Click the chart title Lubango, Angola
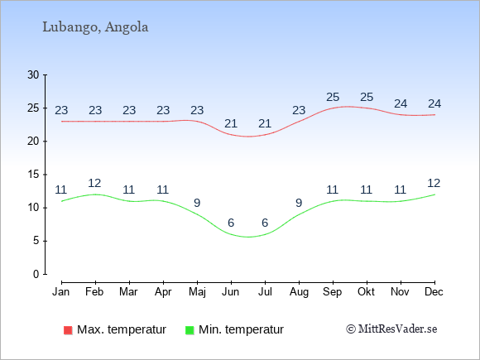pos(95,27)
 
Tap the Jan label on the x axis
pos(61,292)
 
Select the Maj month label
pos(197,292)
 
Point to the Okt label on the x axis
pos(366,292)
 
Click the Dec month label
pos(434,292)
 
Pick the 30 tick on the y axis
pos(33,74)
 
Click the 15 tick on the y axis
pos(33,175)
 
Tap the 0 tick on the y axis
pos(36,274)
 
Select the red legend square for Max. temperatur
pos(68,330)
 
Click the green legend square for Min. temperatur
pos(190,330)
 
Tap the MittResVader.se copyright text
pos(391,329)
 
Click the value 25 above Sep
pos(333,98)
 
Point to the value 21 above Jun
pos(231,123)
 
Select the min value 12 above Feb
pos(94,184)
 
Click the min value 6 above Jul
pos(265,223)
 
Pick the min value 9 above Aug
pos(299,203)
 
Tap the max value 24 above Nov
pos(401,104)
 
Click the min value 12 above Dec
pos(434,184)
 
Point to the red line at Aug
pos(299,122)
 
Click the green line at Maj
pos(197,214)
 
